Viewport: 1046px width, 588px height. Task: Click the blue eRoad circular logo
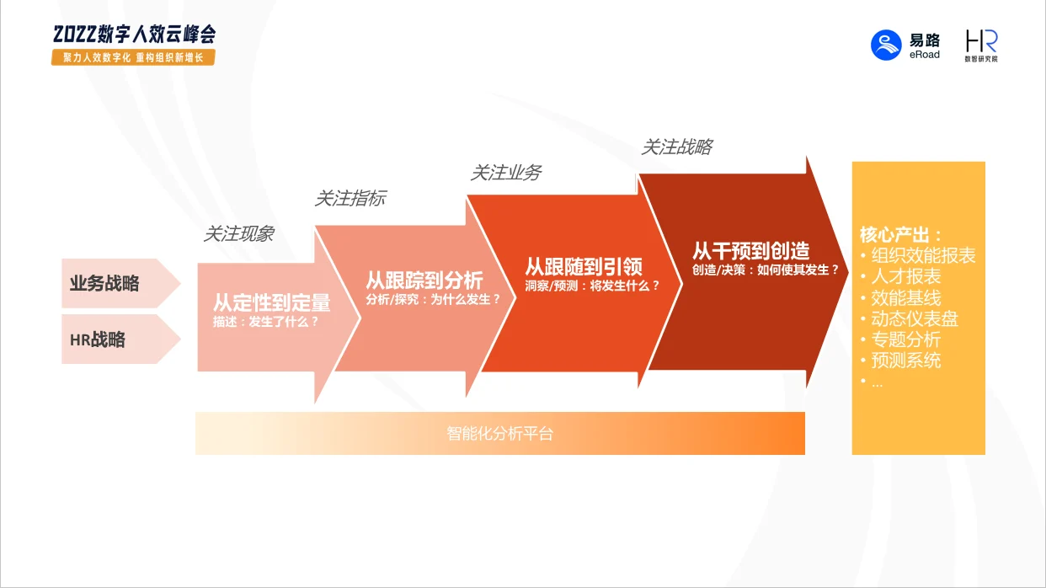click(886, 45)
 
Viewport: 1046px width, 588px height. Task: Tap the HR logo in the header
click(981, 45)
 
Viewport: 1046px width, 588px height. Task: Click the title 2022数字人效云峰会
click(135, 34)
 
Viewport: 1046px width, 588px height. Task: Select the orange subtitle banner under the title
click(133, 57)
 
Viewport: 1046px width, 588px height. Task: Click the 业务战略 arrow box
click(121, 283)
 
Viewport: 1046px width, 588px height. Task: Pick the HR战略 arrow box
click(121, 339)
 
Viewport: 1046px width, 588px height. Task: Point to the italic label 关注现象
click(238, 233)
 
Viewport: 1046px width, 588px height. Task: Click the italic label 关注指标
click(350, 199)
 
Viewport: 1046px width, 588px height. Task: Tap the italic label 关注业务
click(505, 173)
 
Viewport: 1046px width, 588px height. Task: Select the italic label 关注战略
click(677, 147)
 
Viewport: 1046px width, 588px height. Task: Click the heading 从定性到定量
click(272, 302)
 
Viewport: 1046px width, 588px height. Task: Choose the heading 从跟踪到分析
click(424, 281)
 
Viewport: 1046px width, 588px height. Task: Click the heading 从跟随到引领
click(584, 267)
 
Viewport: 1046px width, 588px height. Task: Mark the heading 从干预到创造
click(751, 251)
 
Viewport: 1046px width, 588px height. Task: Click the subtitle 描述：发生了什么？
click(266, 322)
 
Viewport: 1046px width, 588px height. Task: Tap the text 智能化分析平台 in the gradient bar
click(500, 433)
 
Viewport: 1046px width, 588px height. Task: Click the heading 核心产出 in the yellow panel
click(900, 234)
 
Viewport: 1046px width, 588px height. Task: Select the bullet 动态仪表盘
click(915, 319)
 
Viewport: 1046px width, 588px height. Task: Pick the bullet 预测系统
click(906, 361)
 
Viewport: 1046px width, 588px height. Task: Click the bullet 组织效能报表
click(923, 255)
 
